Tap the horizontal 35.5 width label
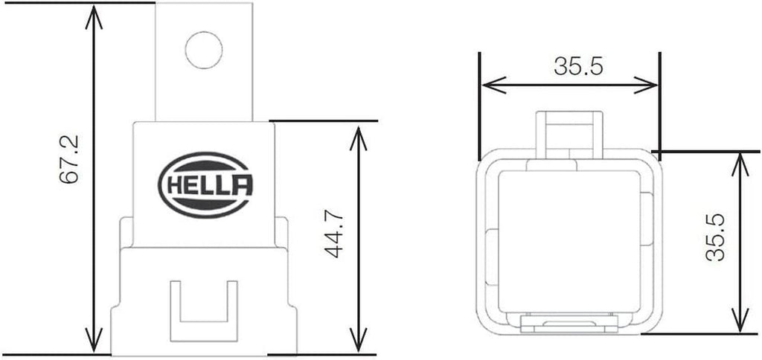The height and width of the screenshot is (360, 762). tap(577, 67)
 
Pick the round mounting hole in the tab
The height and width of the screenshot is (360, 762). tap(204, 51)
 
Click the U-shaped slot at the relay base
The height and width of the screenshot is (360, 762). tap(204, 306)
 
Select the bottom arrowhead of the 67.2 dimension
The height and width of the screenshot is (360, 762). tap(93, 341)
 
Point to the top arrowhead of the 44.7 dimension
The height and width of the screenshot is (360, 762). tap(359, 134)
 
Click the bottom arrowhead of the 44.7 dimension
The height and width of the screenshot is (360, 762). tap(359, 341)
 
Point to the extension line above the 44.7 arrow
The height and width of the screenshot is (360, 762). tap(324, 120)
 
